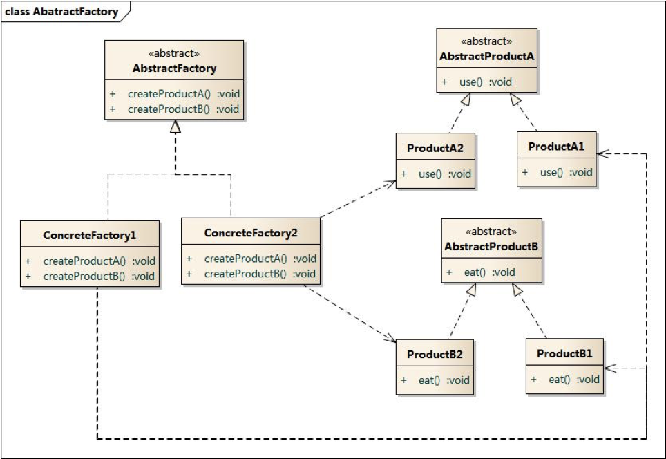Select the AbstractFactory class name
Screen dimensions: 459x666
point(174,68)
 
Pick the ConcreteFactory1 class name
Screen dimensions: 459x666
point(90,236)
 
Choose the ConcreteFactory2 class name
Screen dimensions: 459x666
point(251,233)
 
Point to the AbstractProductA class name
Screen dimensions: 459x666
point(487,56)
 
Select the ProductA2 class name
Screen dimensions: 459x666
point(435,148)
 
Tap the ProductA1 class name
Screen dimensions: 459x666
point(556,147)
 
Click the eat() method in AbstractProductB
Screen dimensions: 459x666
point(489,272)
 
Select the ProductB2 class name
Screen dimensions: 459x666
point(435,355)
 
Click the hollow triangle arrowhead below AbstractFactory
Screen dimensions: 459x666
point(175,127)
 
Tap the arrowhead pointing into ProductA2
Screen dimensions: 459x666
point(392,182)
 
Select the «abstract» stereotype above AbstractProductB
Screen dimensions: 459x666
point(491,232)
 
